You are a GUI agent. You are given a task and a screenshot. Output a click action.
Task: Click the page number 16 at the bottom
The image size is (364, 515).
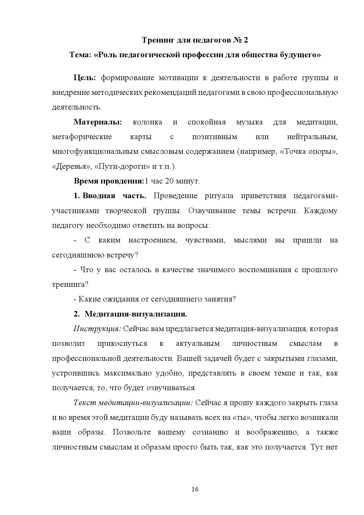pyautogui.click(x=195, y=489)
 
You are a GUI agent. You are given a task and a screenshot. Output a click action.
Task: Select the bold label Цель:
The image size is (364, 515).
pyautogui.click(x=85, y=78)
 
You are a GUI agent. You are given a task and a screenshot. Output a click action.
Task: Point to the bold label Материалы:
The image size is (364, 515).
pyautogui.click(x=97, y=122)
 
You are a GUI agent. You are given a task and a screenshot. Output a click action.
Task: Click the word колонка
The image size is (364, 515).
pyautogui.click(x=147, y=122)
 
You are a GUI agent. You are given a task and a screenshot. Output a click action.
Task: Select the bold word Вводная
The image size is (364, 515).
pyautogui.click(x=99, y=196)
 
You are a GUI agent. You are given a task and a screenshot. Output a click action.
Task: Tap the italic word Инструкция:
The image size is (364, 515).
pyautogui.click(x=97, y=329)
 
